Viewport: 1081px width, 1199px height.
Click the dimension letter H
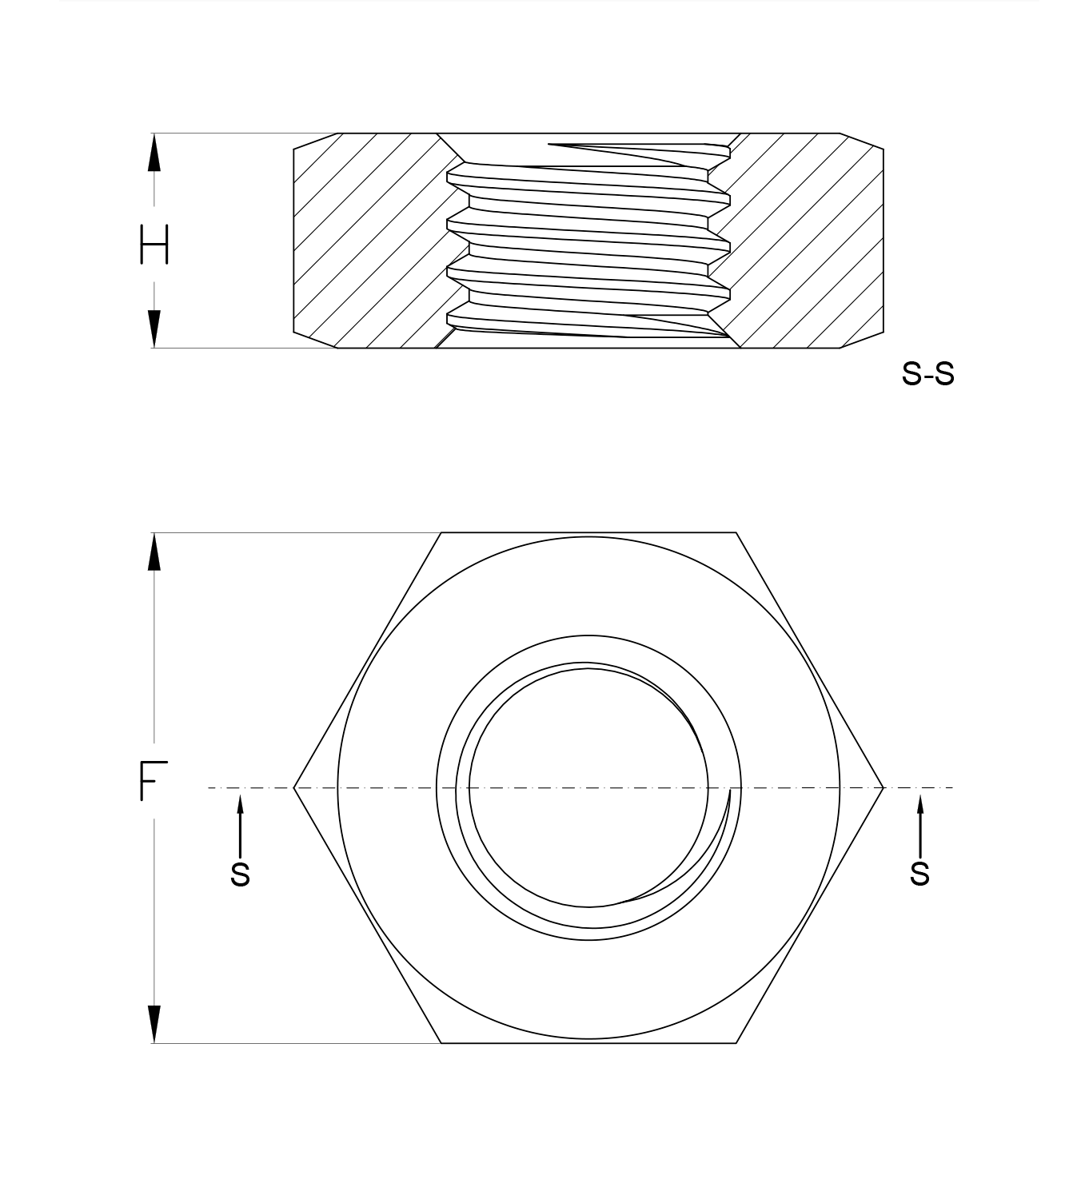154,244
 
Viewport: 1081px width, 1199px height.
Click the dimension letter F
154,781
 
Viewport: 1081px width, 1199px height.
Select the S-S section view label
928,374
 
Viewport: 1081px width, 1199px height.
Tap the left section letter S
240,874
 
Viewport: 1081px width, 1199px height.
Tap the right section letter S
919,874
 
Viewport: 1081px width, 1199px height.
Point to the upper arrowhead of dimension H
154,152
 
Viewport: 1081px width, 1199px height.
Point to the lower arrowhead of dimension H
154,329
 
